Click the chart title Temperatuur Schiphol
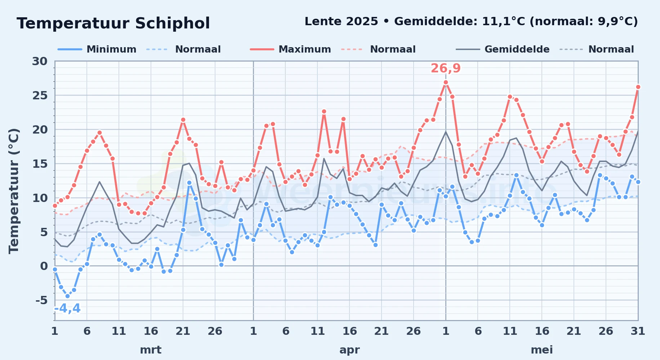click(x=113, y=23)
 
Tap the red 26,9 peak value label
click(x=446, y=68)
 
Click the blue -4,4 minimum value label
click(x=67, y=309)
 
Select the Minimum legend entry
click(x=97, y=49)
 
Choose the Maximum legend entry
click(x=291, y=49)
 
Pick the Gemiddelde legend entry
click(x=503, y=49)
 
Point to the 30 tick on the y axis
click(x=40, y=61)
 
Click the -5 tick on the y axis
click(x=41, y=300)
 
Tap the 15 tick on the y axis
click(x=40, y=164)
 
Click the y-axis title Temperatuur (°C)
click(x=14, y=191)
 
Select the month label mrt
click(x=151, y=350)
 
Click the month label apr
click(x=349, y=350)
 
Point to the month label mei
click(x=542, y=350)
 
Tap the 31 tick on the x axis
click(x=638, y=331)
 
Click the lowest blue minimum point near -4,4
click(x=67, y=296)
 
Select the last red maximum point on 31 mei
click(x=638, y=87)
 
